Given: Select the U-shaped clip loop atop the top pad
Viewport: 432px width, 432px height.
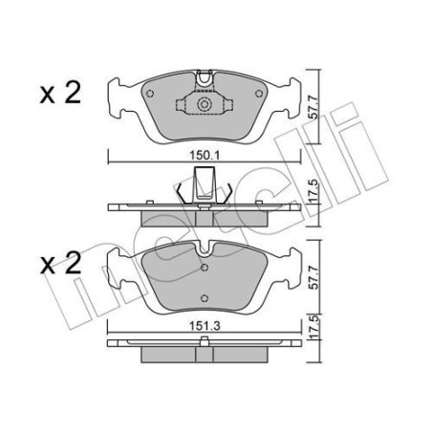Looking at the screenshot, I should pyautogui.click(x=203, y=77).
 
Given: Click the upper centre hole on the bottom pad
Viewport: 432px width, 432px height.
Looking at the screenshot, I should pyautogui.click(x=204, y=270).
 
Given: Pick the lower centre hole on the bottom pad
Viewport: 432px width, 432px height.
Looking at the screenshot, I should pyautogui.click(x=204, y=298).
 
